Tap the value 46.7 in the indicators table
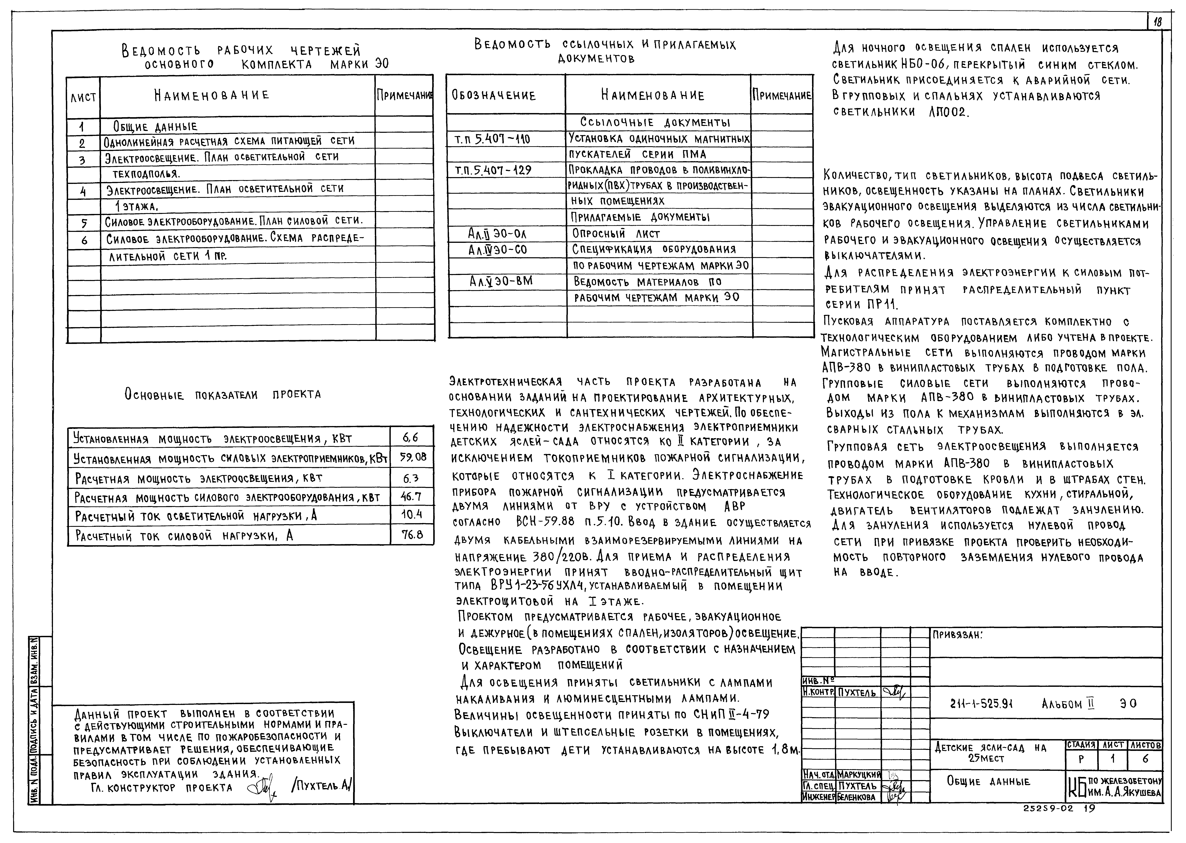tap(411, 497)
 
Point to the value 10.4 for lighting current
tap(412, 516)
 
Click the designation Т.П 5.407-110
tap(492, 139)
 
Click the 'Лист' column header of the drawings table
tap(83, 97)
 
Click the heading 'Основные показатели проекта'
tap(223, 395)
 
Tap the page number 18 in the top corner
tap(1157, 37)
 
